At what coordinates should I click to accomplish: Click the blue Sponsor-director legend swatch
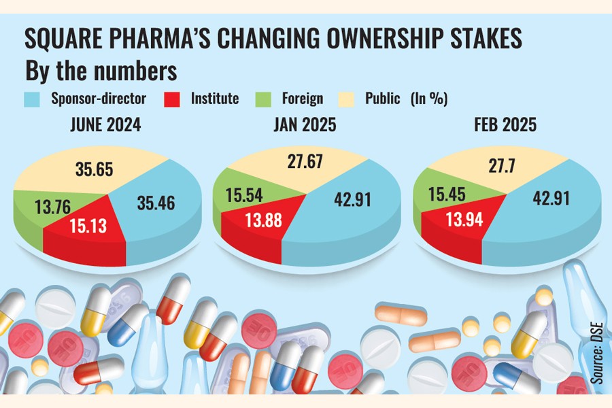click(33, 99)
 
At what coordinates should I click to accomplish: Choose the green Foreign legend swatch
click(264, 99)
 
